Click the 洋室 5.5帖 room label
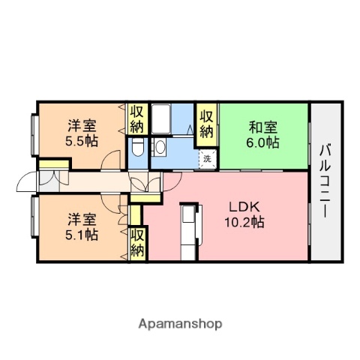tap(79, 133)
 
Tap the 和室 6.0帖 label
tap(263, 133)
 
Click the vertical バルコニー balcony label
tap(325, 180)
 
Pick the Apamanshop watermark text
tap(180, 324)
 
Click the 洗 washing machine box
tap(206, 158)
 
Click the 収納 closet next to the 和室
tap(206, 122)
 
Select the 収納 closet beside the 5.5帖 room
tap(136, 119)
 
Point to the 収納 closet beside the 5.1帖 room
tap(137, 241)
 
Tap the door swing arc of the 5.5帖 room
tap(112, 159)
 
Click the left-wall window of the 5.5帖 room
tap(34, 133)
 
